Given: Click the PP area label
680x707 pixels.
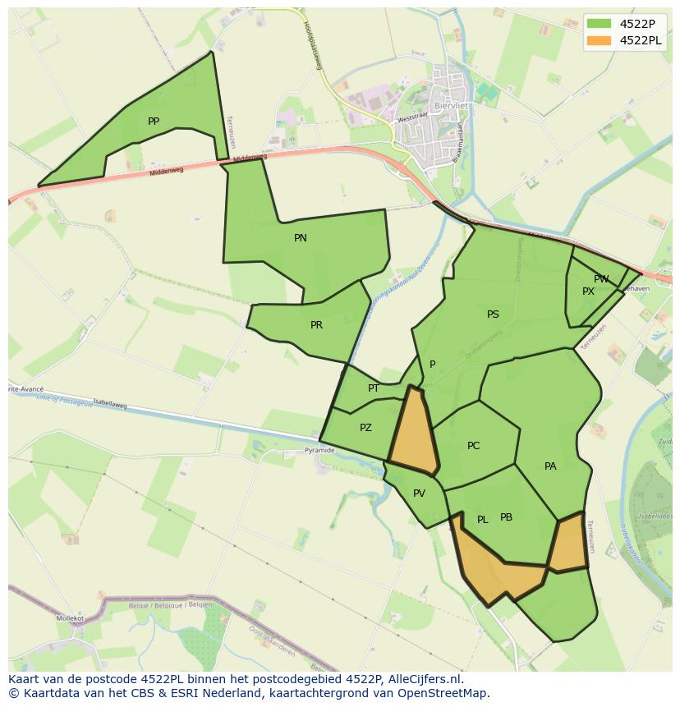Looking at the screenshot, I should coord(154,122).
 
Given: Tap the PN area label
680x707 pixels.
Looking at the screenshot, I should coord(301,238).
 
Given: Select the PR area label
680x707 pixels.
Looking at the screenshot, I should coord(316,325).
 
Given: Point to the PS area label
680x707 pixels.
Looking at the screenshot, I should coord(493,314).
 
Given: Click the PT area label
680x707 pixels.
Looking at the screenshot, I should coord(374,388).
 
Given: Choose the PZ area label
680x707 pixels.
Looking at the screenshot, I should coord(365,428).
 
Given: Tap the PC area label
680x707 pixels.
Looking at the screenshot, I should coord(473,446).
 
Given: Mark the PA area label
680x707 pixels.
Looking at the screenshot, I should coord(550,466).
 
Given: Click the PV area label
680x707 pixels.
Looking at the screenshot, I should coord(419,494).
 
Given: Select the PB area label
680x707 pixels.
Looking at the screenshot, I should coord(506,517).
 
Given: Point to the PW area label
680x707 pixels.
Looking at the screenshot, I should coord(601,279).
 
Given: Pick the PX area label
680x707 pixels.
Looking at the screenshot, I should coord(588,292).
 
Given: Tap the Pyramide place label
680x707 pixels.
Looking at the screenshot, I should coord(319,451).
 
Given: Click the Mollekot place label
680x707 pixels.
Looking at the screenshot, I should coord(71,617).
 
